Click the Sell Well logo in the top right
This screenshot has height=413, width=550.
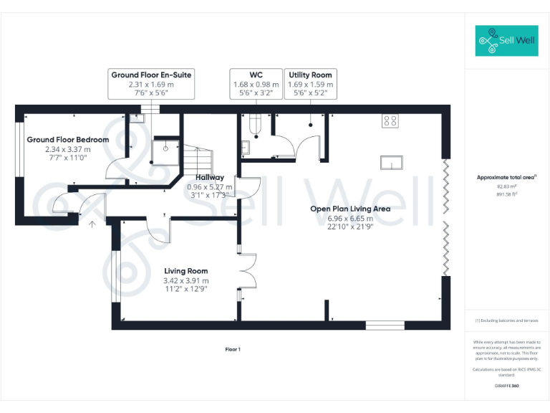(506, 41)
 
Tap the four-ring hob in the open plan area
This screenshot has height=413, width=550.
(390, 120)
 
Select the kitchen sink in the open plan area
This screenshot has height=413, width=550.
(392, 163)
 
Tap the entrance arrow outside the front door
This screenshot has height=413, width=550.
(92, 224)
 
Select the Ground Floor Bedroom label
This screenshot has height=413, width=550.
(68, 140)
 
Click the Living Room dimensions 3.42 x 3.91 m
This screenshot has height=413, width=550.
(186, 280)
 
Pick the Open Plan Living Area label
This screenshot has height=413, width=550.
(349, 209)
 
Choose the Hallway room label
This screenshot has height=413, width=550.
(209, 177)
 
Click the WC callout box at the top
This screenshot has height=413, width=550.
(256, 84)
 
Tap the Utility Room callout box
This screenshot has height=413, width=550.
(310, 84)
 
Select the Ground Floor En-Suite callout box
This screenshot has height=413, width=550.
(151, 84)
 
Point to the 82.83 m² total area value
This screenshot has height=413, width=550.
(506, 186)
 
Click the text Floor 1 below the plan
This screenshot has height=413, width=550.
(233, 349)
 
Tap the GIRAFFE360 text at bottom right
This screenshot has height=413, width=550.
(506, 386)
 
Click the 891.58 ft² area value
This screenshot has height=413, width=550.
(506, 194)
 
